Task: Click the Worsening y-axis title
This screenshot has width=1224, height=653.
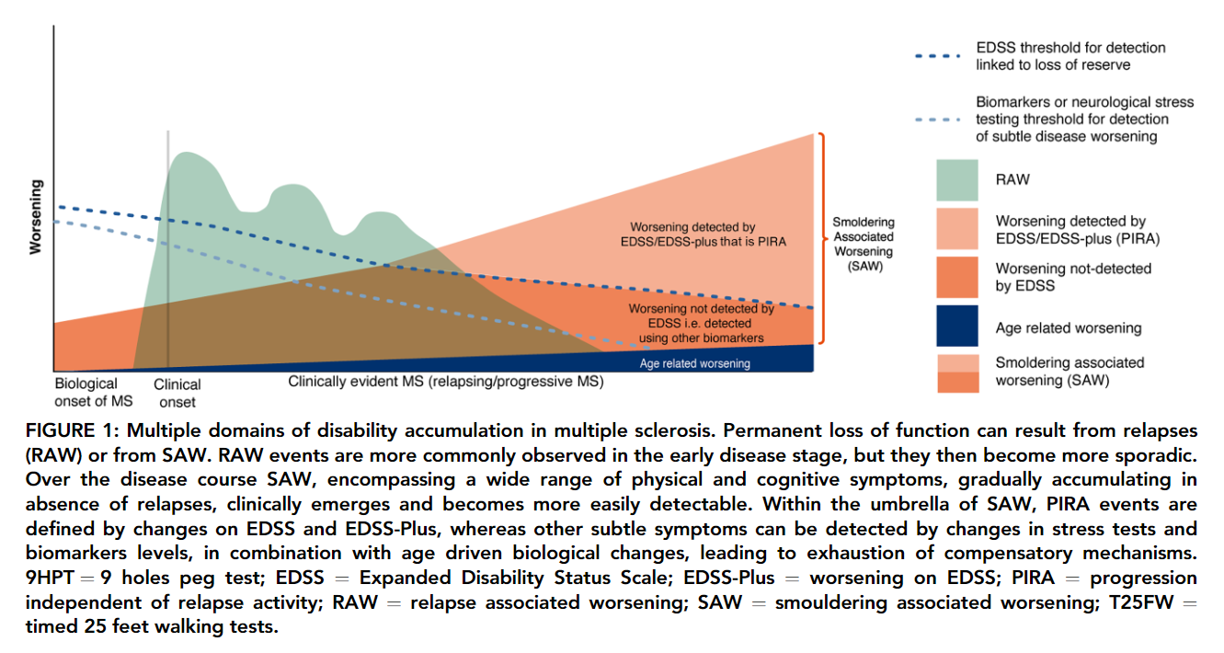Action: (x=36, y=217)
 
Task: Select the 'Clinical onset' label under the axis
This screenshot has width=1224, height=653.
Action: (x=177, y=393)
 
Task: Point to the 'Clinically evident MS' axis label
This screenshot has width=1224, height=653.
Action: (x=445, y=382)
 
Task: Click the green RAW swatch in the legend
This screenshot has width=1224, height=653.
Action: (x=956, y=179)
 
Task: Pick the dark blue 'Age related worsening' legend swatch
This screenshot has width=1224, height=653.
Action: (x=956, y=328)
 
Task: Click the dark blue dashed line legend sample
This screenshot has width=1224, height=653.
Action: (x=938, y=55)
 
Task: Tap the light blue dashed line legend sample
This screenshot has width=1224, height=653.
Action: (x=938, y=120)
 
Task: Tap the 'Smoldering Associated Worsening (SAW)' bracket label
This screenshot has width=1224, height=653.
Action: (x=863, y=245)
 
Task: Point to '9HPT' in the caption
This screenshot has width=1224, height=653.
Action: (x=49, y=579)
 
